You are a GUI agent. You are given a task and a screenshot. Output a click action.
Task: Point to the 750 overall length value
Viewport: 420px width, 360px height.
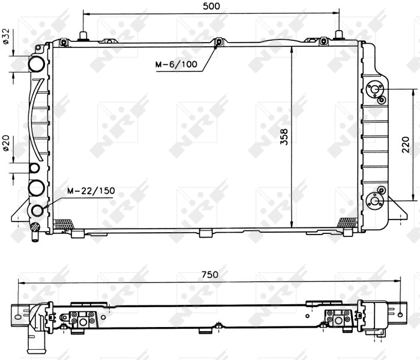209,275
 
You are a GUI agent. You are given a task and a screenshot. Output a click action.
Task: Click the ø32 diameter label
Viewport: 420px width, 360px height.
5,36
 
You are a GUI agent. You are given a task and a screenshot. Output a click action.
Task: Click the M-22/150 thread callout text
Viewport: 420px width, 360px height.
91,191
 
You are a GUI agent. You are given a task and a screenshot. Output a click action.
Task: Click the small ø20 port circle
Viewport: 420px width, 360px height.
35,168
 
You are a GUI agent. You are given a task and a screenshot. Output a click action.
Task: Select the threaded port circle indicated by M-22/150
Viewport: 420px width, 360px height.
38,210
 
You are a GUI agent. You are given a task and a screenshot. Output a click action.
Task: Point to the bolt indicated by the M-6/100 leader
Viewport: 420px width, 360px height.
218,41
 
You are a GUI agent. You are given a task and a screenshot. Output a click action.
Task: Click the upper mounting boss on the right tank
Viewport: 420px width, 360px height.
376,91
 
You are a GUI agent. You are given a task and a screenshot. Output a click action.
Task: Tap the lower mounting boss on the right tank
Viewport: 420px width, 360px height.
376,200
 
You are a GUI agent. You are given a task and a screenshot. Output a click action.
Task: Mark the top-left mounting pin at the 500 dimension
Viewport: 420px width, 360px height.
83,36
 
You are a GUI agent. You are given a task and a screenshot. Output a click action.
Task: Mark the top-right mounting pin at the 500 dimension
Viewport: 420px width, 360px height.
340,35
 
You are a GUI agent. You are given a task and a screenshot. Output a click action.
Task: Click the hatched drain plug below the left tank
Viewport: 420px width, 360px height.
36,227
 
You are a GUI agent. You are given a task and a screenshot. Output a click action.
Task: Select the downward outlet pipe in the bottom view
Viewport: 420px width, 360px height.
29,342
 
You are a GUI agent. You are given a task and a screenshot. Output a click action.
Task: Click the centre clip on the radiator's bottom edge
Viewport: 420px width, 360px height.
205,233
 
